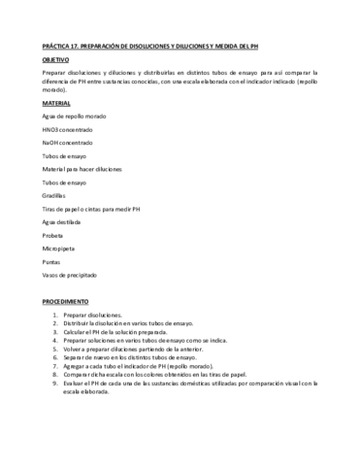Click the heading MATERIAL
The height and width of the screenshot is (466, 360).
click(x=56, y=102)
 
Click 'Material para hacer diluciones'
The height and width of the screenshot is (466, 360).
click(x=82, y=169)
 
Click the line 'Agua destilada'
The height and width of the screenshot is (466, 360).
click(x=63, y=222)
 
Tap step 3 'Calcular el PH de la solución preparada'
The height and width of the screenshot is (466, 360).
click(x=122, y=332)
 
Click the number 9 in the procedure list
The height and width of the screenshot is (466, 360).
click(x=55, y=382)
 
